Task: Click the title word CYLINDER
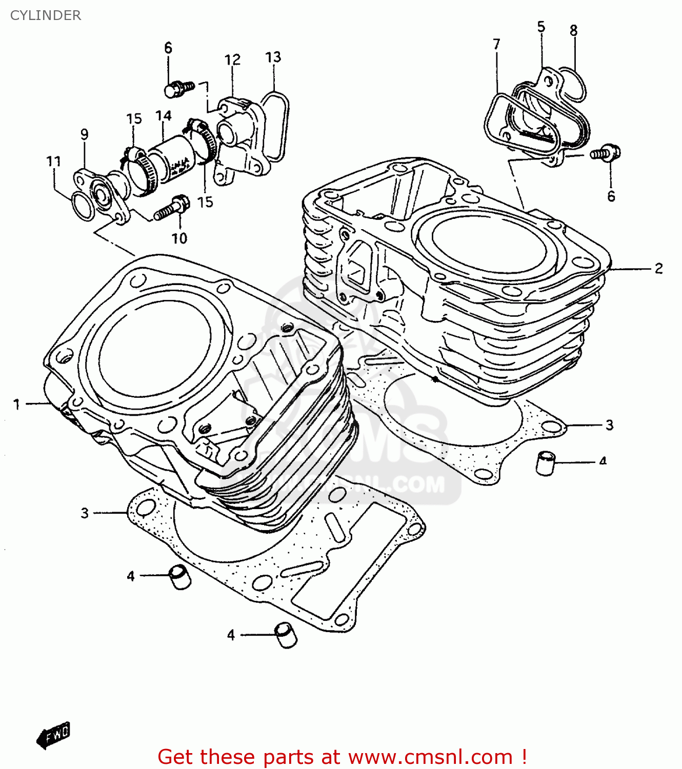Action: click(46, 15)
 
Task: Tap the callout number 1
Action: click(17, 404)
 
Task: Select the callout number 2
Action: click(659, 268)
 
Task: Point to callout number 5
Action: click(541, 27)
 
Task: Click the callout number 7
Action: click(496, 45)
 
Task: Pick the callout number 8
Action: click(573, 30)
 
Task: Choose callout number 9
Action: click(84, 134)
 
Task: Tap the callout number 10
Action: click(179, 238)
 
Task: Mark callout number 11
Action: click(53, 161)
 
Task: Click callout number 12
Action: click(232, 60)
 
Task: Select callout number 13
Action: click(273, 57)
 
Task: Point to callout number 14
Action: click(164, 116)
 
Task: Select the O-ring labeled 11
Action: click(82, 206)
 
